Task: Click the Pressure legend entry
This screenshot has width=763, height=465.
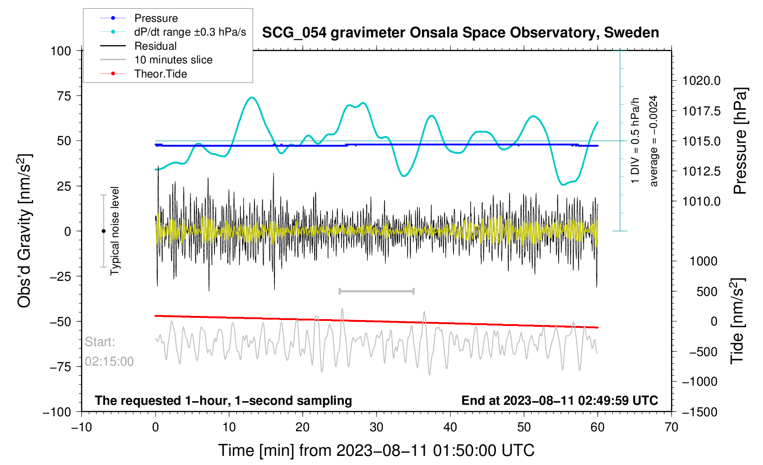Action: click(156, 18)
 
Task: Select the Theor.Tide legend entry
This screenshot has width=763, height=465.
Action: click(160, 74)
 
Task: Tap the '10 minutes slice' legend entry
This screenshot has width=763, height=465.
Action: click(173, 60)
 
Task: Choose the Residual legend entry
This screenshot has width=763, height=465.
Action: click(155, 46)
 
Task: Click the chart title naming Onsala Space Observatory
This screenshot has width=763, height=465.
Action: click(460, 33)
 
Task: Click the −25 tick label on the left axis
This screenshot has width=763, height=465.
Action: click(61, 276)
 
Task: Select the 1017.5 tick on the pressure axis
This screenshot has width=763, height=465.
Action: click(701, 111)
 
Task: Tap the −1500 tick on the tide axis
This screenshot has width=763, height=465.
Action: click(699, 412)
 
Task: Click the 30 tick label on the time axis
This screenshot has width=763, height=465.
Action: click(376, 427)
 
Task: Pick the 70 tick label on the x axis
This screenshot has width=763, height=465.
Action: click(671, 427)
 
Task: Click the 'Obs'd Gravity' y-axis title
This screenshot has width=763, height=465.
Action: click(25, 231)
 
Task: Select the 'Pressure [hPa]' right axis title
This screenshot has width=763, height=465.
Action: click(740, 141)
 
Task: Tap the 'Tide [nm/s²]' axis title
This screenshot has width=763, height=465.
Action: click(738, 321)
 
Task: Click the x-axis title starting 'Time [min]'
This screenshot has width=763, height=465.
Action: click(376, 450)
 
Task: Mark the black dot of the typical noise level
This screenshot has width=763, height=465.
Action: click(103, 231)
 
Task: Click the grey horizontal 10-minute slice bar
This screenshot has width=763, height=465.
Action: click(376, 291)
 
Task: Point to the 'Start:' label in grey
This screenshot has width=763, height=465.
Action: click(100, 342)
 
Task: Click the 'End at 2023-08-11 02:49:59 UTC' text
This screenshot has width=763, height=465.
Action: click(560, 401)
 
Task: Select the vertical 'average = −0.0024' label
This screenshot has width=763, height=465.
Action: click(654, 141)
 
